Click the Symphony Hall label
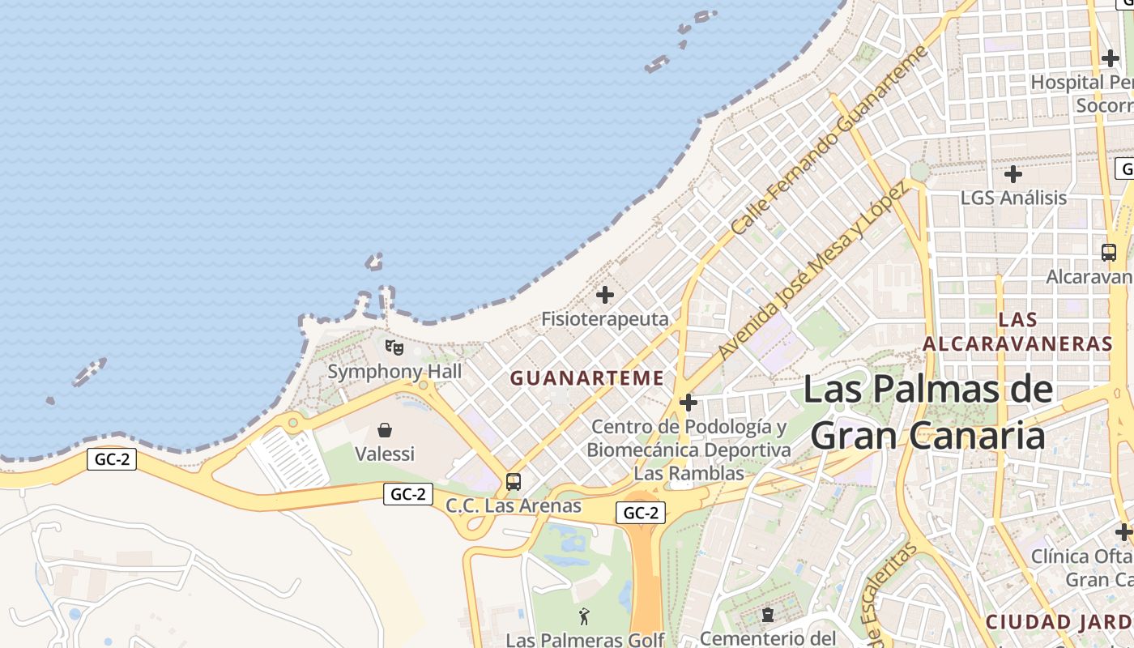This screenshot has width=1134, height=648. tap(394, 372)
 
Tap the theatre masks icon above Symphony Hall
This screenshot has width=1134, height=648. tap(394, 347)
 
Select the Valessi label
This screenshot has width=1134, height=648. tap(385, 454)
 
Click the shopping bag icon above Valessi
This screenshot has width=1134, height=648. tap(385, 430)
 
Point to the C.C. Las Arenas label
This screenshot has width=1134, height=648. tap(514, 506)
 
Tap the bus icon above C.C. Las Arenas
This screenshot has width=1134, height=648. tap(514, 482)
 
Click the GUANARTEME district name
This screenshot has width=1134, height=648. tap(587, 378)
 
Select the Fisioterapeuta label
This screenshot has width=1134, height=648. tap(605, 319)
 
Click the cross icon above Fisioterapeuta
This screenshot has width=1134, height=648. tap(605, 295)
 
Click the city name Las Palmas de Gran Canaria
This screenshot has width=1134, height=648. tap(928, 412)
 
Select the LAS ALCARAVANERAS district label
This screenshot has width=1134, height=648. tap(1018, 331)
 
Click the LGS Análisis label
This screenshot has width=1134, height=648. tap(1013, 198)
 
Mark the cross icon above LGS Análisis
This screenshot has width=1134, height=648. tap(1013, 173)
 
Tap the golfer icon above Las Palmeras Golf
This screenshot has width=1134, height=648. tap(585, 616)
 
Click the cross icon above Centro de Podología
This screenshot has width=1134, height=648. tap(688, 402)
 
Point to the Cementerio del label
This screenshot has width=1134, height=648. tap(767, 638)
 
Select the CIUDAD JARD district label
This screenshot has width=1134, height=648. tap(1059, 623)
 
